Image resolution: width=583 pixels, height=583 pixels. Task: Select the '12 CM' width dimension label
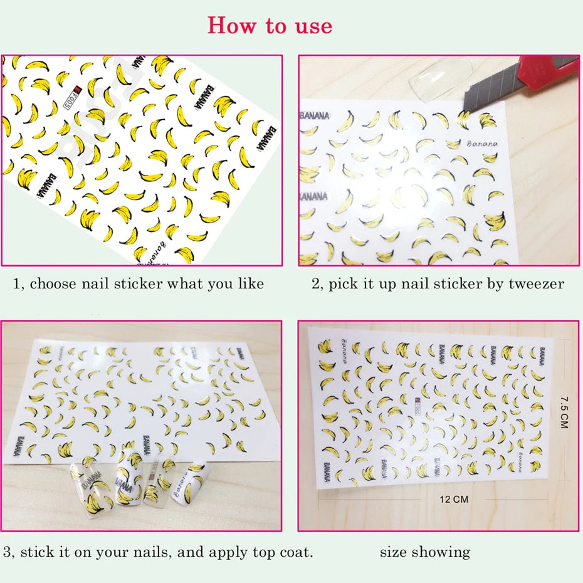coord(453,500)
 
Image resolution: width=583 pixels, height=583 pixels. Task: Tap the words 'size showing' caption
coord(424,552)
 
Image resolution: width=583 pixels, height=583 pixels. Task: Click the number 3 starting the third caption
coord(7,552)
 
